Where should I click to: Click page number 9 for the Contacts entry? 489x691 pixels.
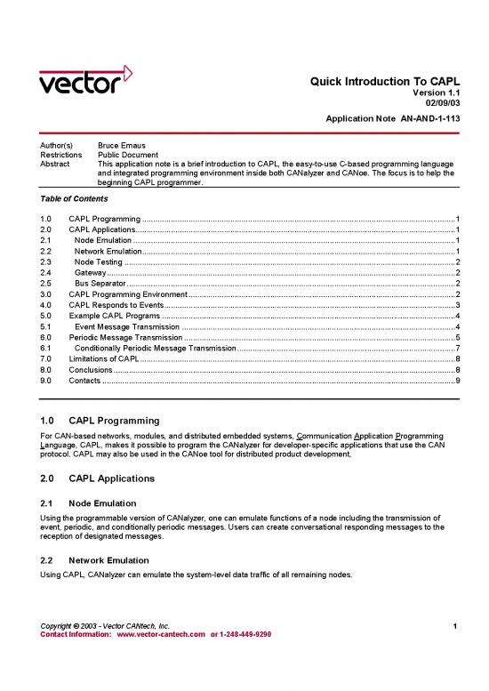456,380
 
